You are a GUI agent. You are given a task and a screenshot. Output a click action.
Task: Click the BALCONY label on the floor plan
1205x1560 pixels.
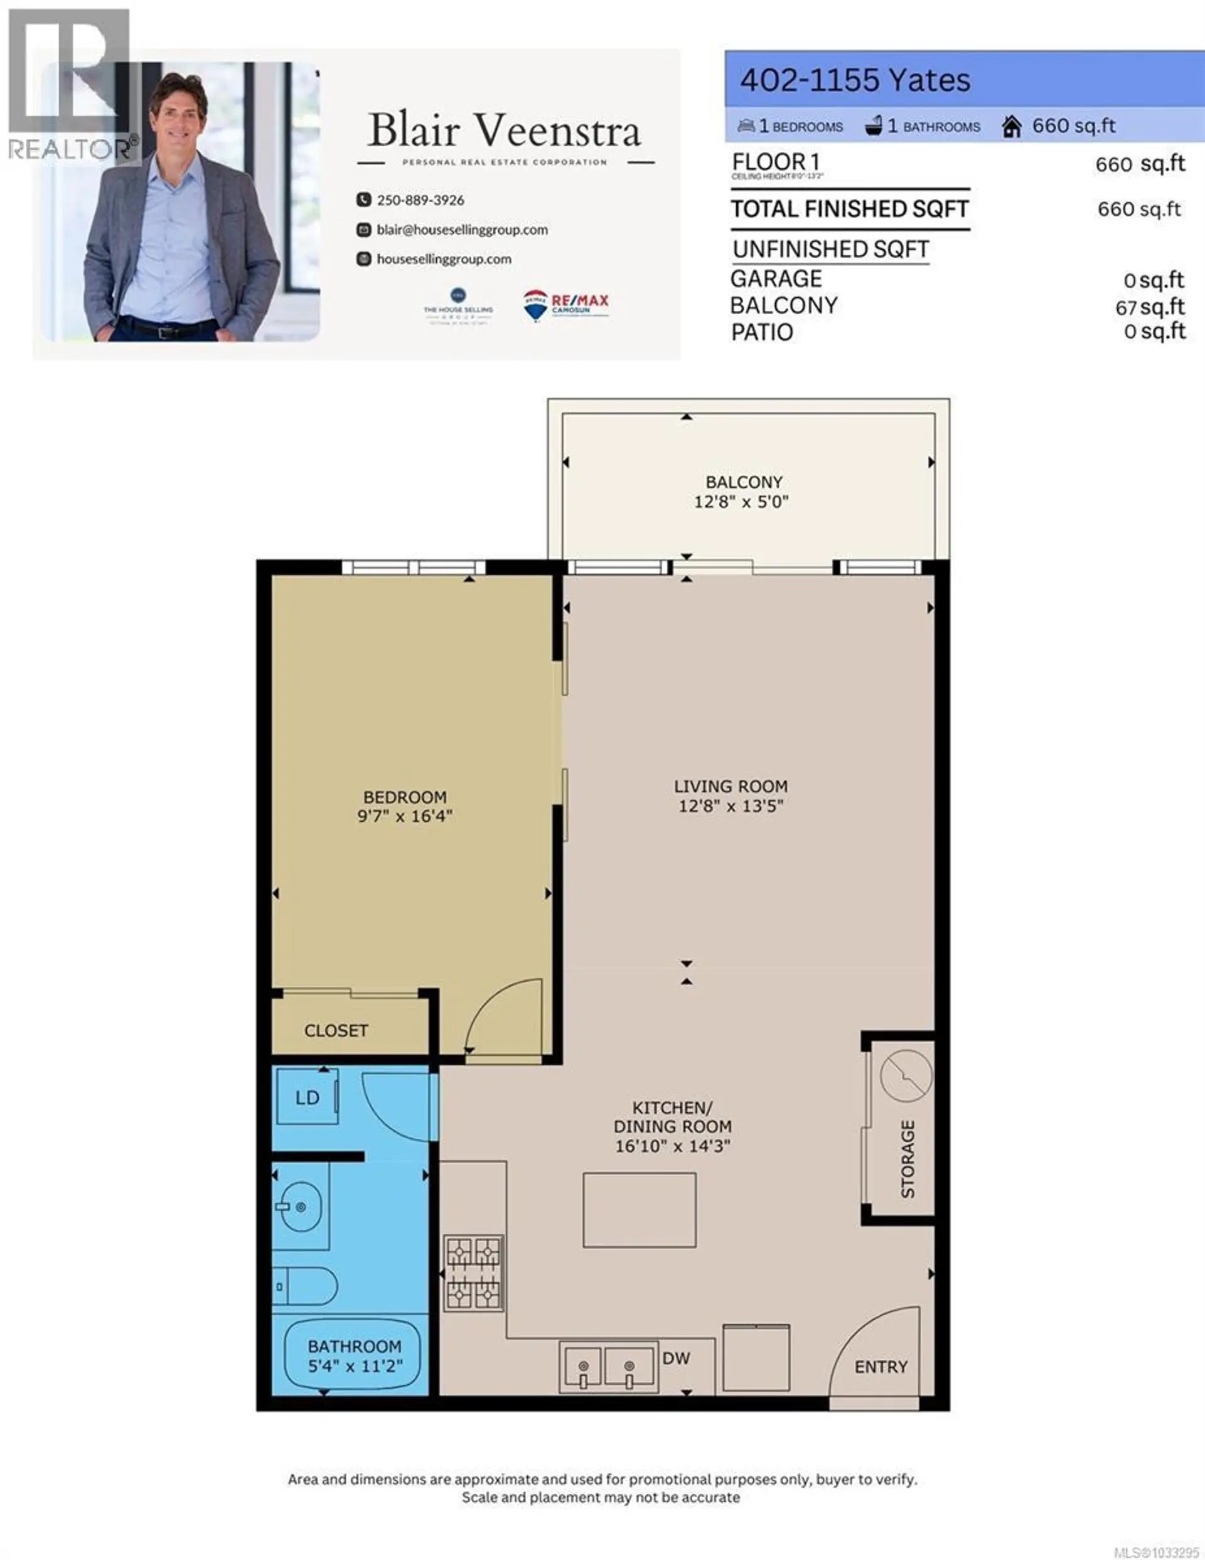pyautogui.click(x=744, y=482)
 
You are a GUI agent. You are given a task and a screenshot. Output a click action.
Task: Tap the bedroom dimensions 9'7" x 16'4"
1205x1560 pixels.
pyautogui.click(x=405, y=815)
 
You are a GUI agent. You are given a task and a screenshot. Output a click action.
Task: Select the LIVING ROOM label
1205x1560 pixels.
pyautogui.click(x=731, y=787)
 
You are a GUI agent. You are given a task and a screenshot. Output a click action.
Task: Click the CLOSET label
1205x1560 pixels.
pyautogui.click(x=336, y=1031)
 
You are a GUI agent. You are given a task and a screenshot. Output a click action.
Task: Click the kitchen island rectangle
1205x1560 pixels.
pyautogui.click(x=640, y=1210)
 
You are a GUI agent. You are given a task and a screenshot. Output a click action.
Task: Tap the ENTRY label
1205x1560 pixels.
pyautogui.click(x=881, y=1367)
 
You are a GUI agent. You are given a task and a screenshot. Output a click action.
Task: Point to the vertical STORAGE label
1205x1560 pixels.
pyautogui.click(x=907, y=1159)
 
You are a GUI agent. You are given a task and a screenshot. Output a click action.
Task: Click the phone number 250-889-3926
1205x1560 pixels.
pyautogui.click(x=420, y=200)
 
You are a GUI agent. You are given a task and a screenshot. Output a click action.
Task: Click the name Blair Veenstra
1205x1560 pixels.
pyautogui.click(x=505, y=131)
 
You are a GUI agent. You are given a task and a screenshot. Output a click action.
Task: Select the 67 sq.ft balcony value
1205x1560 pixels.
pyautogui.click(x=1149, y=307)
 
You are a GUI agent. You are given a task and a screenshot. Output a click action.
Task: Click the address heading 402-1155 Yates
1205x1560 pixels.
pyautogui.click(x=855, y=80)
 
